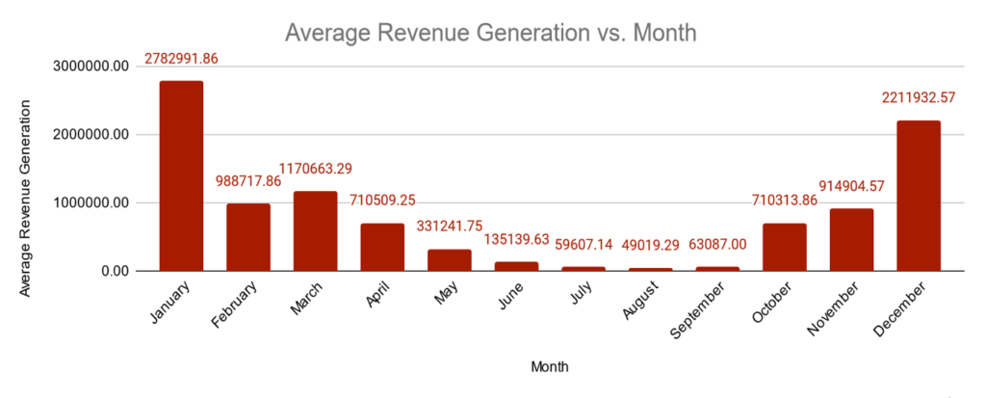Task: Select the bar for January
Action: click(x=181, y=175)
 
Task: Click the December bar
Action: click(x=919, y=196)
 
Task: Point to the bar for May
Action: click(x=450, y=260)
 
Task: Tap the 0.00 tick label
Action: click(x=112, y=271)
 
